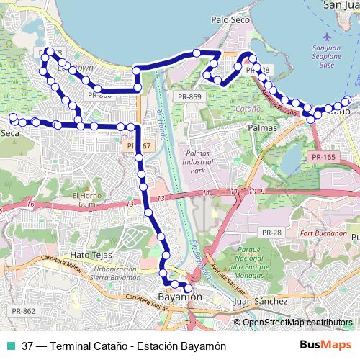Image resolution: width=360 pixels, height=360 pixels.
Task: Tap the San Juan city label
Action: click(x=341, y=5)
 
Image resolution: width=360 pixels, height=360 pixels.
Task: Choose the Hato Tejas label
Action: click(x=89, y=255)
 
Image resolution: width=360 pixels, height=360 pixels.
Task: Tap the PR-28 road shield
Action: click(x=271, y=232)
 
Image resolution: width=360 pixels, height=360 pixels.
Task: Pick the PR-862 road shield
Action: click(x=24, y=311)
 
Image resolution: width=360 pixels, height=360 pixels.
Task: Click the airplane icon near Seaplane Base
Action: click(x=328, y=36)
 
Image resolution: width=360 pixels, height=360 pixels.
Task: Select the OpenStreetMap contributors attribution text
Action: click(x=297, y=323)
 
